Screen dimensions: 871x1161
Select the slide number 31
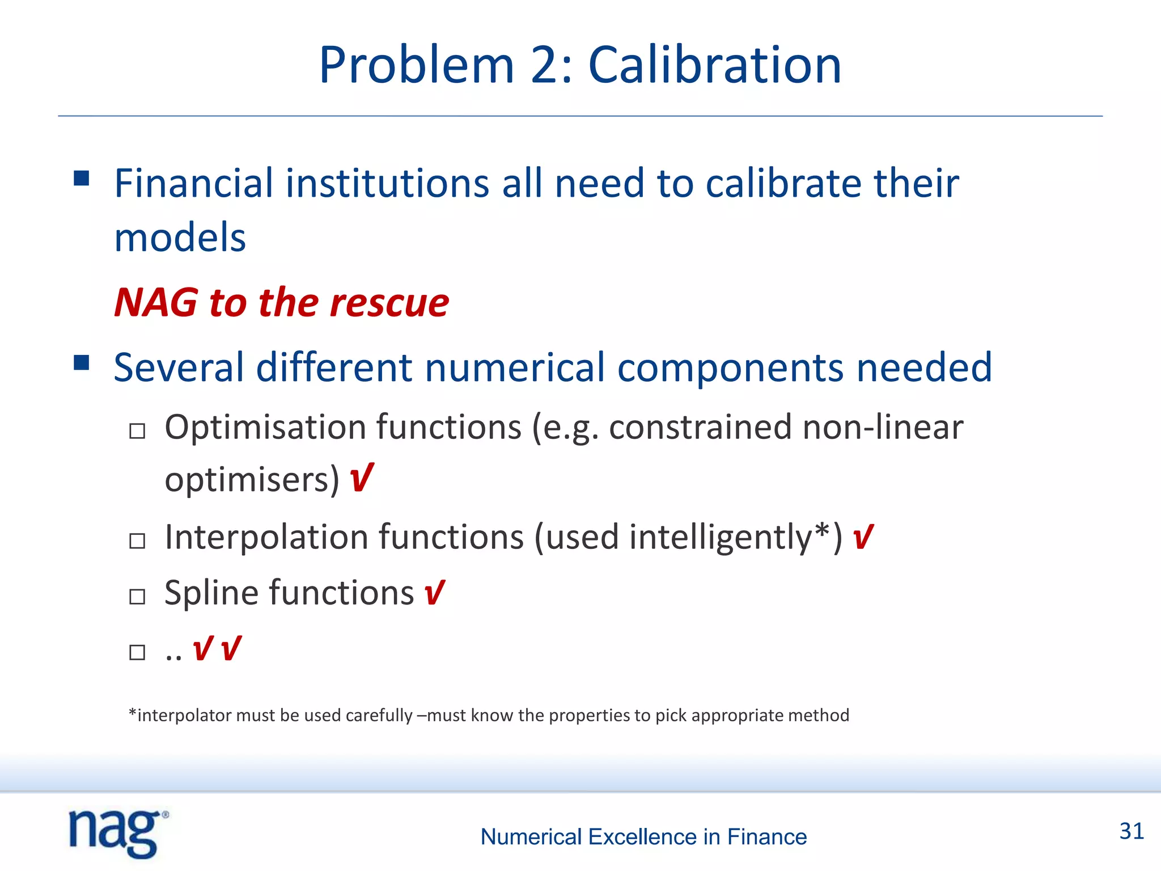click(1132, 831)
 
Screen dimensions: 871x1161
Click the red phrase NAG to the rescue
click(281, 302)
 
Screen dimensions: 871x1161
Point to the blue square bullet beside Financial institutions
click(82, 179)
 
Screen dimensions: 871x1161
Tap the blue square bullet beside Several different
click(82, 362)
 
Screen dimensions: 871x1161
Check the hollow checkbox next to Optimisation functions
click(137, 432)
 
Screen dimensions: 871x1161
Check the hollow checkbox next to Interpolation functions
click(137, 541)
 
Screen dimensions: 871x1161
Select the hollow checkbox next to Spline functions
click(137, 597)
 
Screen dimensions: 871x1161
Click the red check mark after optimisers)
click(361, 477)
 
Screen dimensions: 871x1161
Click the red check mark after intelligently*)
click(862, 536)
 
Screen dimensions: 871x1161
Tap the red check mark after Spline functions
click(434, 593)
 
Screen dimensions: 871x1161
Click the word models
click(180, 237)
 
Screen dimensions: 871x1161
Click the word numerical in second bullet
click(515, 367)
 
